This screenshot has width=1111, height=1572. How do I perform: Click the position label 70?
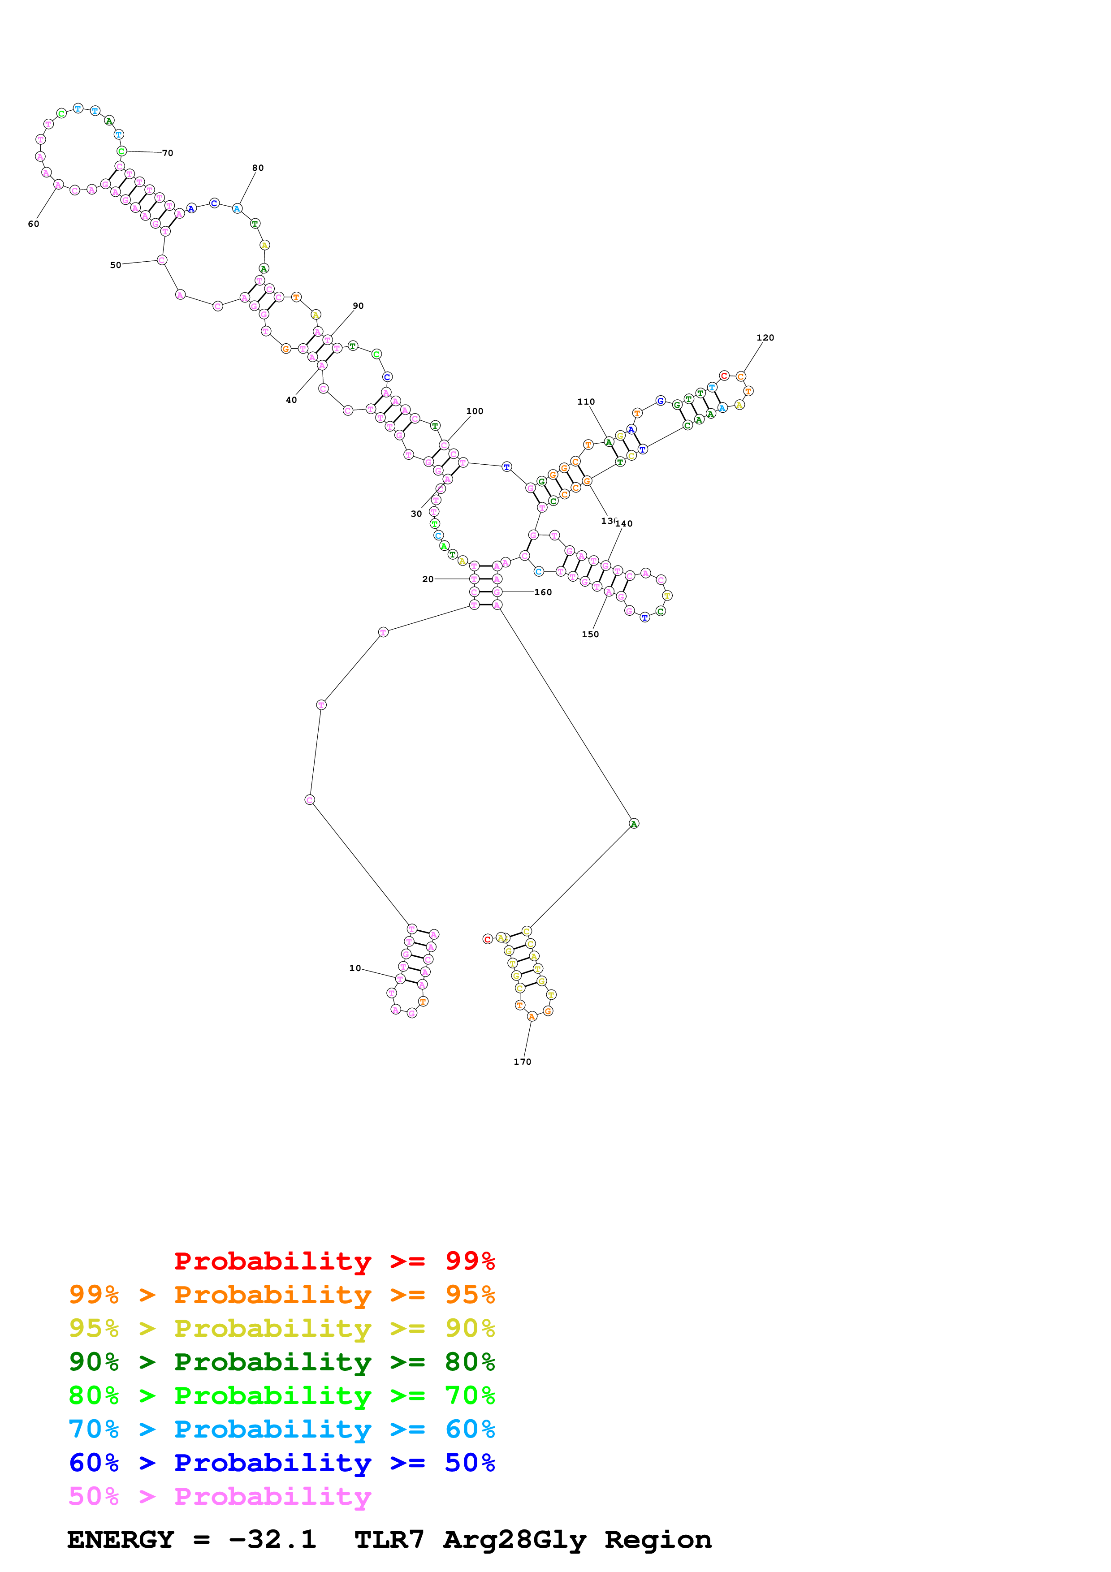coord(168,153)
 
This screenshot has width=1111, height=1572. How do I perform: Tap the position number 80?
coord(257,168)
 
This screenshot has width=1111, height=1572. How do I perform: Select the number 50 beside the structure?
coord(116,265)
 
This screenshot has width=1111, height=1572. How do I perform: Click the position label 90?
coord(358,306)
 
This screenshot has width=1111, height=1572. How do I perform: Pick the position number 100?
coord(475,411)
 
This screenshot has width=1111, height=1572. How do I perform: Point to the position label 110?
coord(586,402)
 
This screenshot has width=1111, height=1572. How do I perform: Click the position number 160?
coord(543,592)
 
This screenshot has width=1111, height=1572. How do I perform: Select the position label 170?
coord(522,1062)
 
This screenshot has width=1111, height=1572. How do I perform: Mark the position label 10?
coord(354,968)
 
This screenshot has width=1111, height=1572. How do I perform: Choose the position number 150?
coord(590,634)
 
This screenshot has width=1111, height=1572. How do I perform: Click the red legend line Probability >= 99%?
coord(334,1261)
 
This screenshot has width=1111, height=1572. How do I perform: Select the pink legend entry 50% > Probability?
coord(220,1497)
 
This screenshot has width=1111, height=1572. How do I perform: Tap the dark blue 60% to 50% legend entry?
coord(281,1463)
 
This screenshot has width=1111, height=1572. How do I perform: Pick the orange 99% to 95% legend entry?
coord(281,1295)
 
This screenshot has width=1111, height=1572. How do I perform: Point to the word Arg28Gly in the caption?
coord(515,1540)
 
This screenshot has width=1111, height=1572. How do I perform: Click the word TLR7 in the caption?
coord(389,1540)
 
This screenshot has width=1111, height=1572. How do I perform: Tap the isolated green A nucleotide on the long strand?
coord(634,824)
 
